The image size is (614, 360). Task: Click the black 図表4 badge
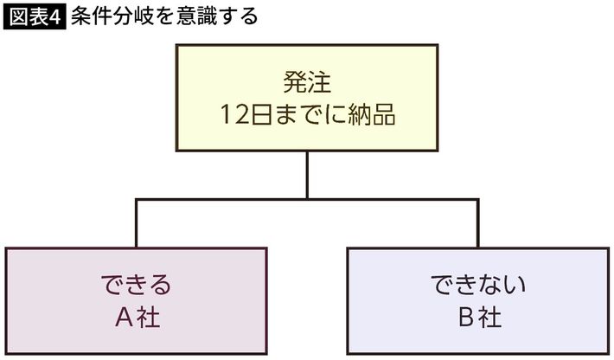tap(35, 17)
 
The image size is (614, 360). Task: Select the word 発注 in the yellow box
tap(307, 84)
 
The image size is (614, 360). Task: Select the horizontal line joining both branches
tap(307, 199)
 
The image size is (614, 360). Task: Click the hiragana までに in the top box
tap(303, 116)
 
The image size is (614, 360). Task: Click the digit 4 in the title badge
tap(57, 17)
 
